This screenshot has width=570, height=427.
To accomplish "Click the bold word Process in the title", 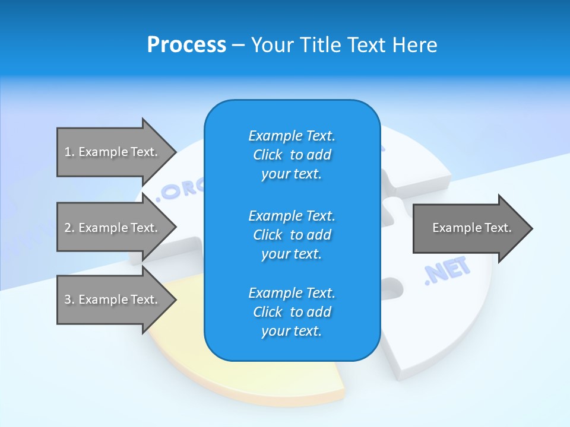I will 186,45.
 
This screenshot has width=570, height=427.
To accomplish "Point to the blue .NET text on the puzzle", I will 446,272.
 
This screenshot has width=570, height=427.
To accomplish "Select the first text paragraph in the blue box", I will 292,155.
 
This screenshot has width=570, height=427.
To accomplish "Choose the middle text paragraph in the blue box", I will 292,235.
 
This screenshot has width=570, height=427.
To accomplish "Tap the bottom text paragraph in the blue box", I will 292,312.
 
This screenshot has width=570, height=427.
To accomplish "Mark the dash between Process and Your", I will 238,45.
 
